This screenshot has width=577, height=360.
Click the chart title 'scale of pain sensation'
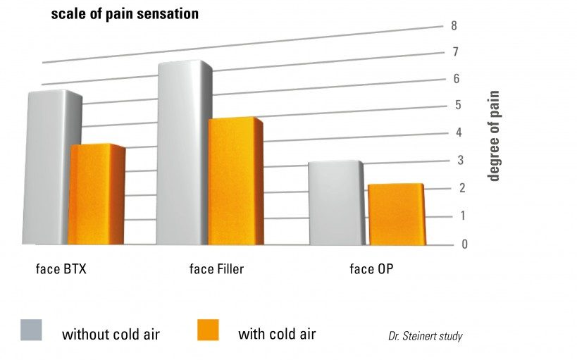(x=124, y=13)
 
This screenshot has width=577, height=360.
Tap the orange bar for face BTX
(x=97, y=196)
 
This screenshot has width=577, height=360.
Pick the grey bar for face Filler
(x=182, y=155)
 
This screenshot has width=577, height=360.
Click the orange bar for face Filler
(x=234, y=182)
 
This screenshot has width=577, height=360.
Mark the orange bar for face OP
(x=395, y=215)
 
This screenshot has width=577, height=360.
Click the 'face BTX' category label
(x=61, y=269)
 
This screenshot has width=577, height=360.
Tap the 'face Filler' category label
(x=217, y=269)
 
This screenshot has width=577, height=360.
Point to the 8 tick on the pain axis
(x=454, y=26)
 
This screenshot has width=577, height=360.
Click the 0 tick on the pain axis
(x=445, y=244)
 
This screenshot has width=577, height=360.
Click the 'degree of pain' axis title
(x=494, y=135)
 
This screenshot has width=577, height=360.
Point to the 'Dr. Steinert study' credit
(x=425, y=336)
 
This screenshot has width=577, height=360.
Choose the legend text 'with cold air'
(x=277, y=333)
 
